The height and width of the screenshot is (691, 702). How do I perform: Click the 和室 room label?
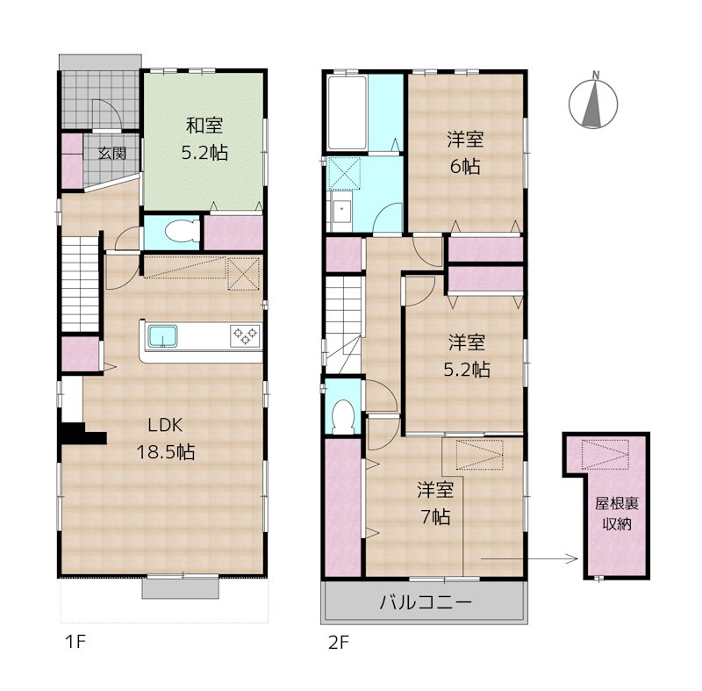(204, 126)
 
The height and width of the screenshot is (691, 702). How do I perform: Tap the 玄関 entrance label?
(112, 154)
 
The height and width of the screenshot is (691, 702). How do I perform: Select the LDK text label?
(165, 425)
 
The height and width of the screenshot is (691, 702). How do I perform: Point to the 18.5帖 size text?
(165, 452)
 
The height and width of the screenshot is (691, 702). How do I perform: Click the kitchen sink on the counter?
(163, 336)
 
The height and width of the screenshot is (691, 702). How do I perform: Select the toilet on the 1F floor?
(182, 232)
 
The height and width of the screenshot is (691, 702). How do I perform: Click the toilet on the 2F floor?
(343, 416)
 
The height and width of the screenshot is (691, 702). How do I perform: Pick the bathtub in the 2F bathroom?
(347, 113)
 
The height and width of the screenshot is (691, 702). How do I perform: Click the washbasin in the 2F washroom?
(342, 209)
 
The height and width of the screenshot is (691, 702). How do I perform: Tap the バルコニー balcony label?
(426, 602)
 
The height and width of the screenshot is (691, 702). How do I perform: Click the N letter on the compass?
(596, 76)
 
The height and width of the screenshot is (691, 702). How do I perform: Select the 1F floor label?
(75, 643)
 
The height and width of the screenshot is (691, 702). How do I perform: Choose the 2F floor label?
(339, 643)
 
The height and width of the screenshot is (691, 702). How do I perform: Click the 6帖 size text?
(465, 167)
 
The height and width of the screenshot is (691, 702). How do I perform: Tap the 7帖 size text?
(435, 517)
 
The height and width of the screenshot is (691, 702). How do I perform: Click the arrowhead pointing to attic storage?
(574, 558)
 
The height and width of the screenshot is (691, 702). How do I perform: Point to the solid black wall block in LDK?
(81, 434)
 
